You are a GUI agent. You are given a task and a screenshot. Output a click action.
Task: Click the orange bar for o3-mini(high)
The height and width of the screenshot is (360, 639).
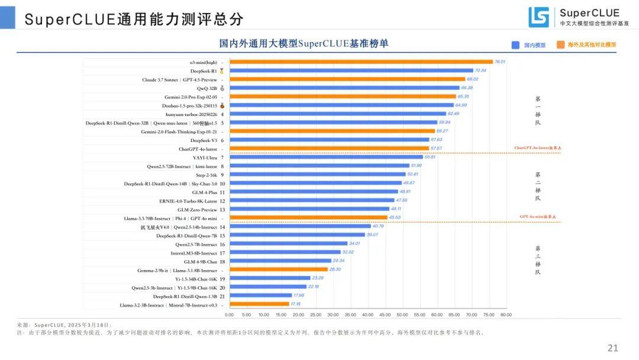click(361, 62)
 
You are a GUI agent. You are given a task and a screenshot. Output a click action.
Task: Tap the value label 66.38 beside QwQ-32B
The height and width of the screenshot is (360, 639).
click(467, 88)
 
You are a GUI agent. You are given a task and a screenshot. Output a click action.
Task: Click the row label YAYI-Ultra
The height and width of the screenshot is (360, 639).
click(204, 157)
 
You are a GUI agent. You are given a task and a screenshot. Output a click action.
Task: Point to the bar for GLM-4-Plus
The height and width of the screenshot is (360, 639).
click(314, 192)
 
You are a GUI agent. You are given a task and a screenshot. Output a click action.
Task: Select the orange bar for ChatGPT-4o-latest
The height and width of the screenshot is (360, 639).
click(329, 149)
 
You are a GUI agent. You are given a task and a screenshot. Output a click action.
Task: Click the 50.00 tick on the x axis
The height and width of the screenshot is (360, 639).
click(402, 314)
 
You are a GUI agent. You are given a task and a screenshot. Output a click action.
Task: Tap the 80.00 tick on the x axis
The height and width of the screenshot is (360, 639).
click(506, 314)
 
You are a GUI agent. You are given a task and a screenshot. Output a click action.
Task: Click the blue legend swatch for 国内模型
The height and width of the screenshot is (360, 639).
click(515, 44)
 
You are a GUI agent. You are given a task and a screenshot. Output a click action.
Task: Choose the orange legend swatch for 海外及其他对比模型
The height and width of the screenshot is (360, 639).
click(559, 44)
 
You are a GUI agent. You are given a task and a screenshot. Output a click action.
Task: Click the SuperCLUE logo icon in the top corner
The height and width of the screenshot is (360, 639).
click(538, 17)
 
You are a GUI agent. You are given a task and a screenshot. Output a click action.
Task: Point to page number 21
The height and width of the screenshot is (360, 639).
click(612, 348)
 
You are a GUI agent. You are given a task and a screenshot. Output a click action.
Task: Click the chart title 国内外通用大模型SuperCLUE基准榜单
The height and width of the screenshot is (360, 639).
click(304, 44)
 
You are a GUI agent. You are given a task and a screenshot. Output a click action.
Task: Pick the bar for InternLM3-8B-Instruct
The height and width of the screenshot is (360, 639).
click(285, 252)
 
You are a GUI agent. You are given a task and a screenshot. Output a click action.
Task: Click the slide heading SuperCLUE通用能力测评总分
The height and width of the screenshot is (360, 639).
click(134, 19)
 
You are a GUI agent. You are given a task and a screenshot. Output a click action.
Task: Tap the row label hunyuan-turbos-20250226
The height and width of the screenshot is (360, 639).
click(190, 114)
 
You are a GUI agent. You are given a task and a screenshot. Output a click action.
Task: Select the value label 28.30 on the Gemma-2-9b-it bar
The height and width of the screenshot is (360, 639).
click(335, 269)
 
